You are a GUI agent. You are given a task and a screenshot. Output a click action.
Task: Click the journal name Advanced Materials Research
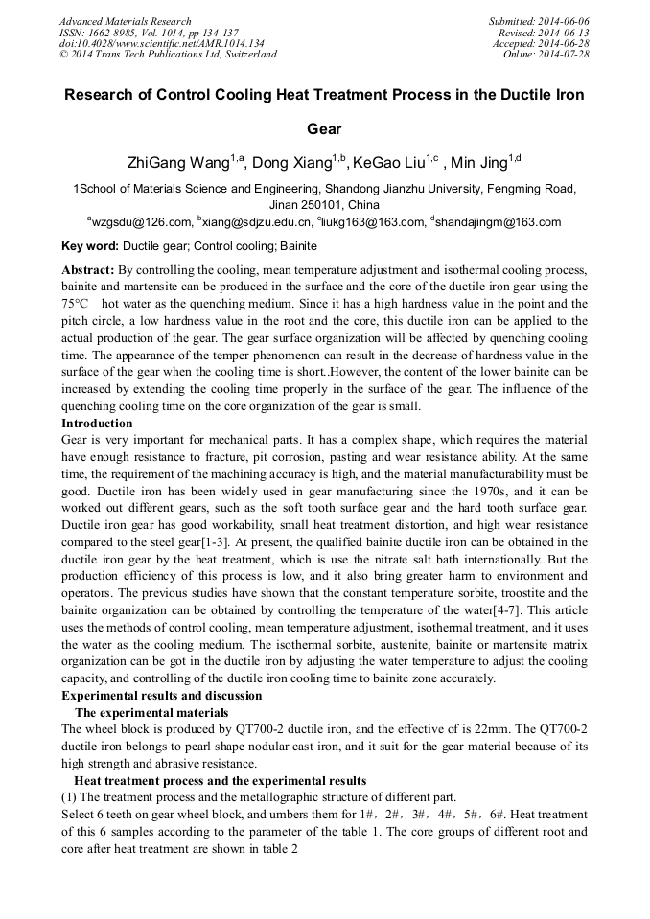tap(125, 21)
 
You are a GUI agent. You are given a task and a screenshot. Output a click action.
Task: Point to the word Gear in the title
tap(324, 127)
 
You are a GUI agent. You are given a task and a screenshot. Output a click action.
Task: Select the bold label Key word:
tap(90, 246)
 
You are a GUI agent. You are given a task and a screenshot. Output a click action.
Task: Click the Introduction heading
tap(97, 424)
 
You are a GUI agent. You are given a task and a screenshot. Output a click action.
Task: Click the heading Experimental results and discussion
tap(161, 695)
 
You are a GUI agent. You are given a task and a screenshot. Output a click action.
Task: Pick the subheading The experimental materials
tap(151, 712)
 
